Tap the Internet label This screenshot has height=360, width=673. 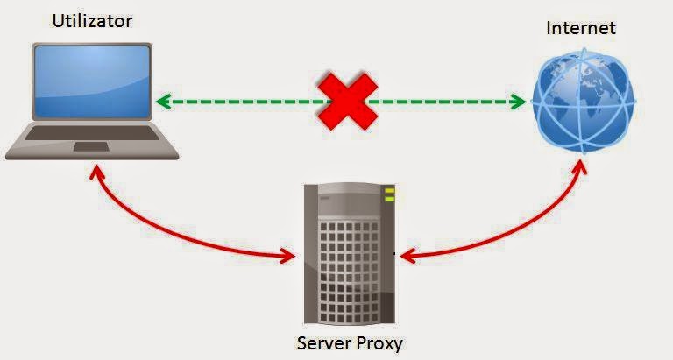pyautogui.click(x=580, y=27)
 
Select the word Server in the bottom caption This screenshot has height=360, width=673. pyautogui.click(x=323, y=341)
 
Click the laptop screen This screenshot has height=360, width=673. pyautogui.click(x=90, y=83)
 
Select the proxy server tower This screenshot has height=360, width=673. pyautogui.click(x=347, y=254)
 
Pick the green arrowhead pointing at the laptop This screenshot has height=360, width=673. pyautogui.click(x=163, y=102)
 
